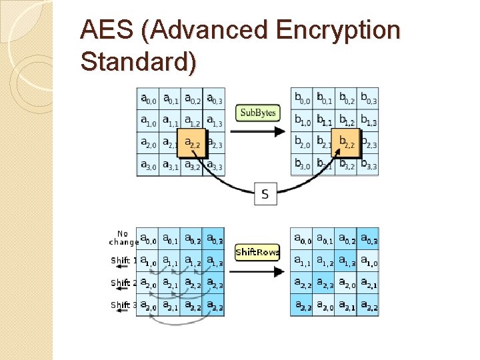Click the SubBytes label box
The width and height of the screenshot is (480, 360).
pos(257,113)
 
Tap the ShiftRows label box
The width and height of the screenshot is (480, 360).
pos(257,253)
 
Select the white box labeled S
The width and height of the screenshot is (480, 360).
pos(266,194)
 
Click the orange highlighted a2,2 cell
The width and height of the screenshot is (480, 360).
pos(192,143)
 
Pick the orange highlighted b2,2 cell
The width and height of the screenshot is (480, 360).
pos(347,143)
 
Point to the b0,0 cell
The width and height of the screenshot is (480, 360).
pos(302,99)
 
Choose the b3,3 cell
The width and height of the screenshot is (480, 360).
pos(368,165)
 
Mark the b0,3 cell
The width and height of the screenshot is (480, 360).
pos(368,99)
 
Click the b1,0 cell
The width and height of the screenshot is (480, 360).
pos(302,121)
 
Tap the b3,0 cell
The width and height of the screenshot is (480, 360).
pos(302,165)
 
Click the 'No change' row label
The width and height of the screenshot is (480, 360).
pos(123,238)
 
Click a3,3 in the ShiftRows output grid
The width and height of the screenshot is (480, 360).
pos(301,305)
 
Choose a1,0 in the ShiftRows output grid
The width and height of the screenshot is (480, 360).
pos(368,261)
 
